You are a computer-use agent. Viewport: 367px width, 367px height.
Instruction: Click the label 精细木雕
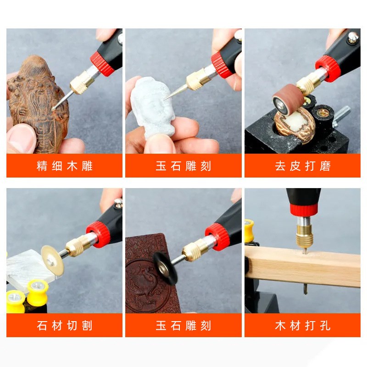pyautogui.click(x=64, y=166)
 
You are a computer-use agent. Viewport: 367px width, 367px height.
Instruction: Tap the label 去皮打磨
pyautogui.click(x=302, y=166)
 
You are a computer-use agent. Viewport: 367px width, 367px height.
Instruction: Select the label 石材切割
pyautogui.click(x=64, y=326)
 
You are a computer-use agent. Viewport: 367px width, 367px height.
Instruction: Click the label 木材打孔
pyautogui.click(x=302, y=326)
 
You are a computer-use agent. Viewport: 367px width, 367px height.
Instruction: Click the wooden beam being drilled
pyautogui.click(x=303, y=264)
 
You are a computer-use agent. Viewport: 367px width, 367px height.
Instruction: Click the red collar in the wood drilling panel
pyautogui.click(x=303, y=210)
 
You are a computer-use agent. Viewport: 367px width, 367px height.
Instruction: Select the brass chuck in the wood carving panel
pyautogui.click(x=82, y=83)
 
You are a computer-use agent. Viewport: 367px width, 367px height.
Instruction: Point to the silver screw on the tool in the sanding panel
pyautogui.click(x=352, y=38)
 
